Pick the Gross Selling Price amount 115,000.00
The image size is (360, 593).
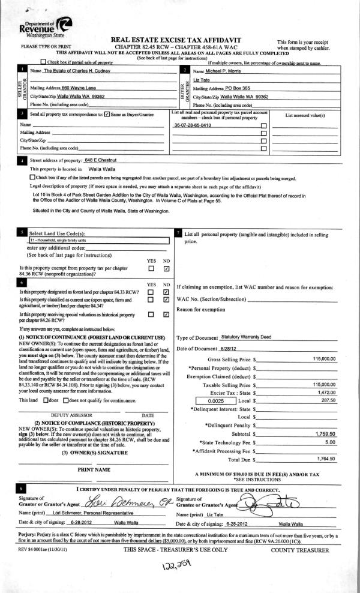click(324, 359)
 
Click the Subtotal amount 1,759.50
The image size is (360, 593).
click(326, 432)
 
